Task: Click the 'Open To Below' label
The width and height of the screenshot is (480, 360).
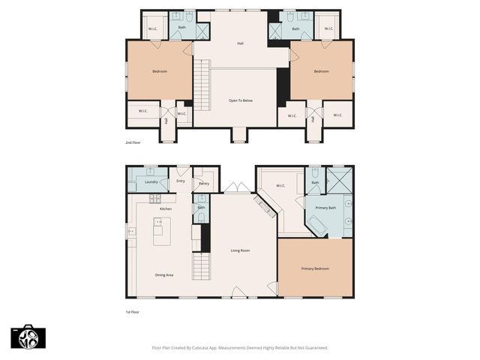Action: coord(240,100)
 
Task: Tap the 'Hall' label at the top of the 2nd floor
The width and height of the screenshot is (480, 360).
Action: coord(240,43)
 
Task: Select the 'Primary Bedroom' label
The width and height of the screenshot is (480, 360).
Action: coord(315,268)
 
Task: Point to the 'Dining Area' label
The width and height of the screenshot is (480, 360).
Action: coord(164,275)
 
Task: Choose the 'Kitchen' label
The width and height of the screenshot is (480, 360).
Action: coord(166,208)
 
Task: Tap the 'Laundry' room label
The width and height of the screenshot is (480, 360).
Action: coord(150,182)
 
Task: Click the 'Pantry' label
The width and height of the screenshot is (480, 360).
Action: coord(203,183)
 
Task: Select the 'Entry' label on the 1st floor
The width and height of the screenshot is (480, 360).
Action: coord(181,181)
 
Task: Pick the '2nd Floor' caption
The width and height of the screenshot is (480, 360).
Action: coord(133,142)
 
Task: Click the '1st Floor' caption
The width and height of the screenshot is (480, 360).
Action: coord(133,311)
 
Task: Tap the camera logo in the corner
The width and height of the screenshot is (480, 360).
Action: coord(25,337)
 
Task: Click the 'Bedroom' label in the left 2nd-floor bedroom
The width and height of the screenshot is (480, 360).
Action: coord(160,72)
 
